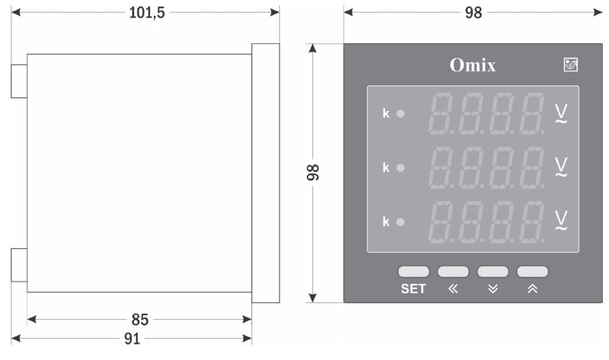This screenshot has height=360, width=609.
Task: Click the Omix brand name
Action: (x=472, y=65)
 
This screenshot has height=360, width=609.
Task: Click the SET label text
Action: (x=413, y=289)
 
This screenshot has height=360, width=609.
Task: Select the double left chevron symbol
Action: (x=454, y=289)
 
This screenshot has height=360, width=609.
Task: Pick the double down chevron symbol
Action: (x=493, y=289)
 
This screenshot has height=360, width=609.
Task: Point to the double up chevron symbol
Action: (x=532, y=289)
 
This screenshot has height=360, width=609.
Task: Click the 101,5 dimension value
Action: (x=147, y=13)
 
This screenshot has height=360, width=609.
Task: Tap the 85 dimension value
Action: (x=139, y=319)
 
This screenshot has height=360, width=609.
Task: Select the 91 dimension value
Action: (x=132, y=339)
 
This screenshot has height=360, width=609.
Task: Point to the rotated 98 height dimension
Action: (x=312, y=172)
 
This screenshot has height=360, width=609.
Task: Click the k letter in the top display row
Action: (x=385, y=114)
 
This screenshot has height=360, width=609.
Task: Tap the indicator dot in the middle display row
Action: (x=400, y=167)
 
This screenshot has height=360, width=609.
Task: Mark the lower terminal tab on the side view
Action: (x=19, y=265)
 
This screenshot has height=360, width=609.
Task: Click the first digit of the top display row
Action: (x=441, y=113)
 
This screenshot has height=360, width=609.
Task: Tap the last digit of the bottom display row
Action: (x=531, y=221)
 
